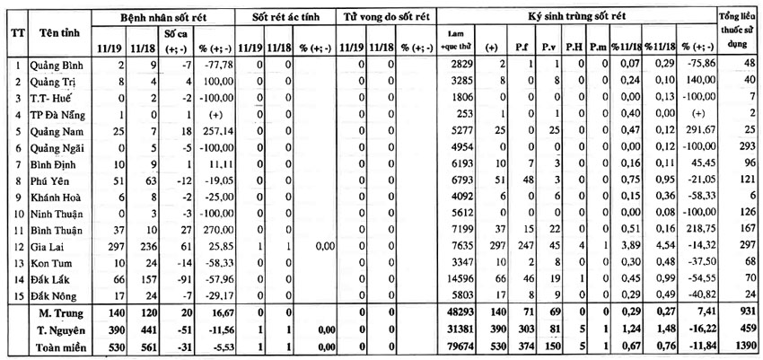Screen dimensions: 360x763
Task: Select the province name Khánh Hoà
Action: (53, 196)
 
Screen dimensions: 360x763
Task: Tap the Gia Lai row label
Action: (45, 244)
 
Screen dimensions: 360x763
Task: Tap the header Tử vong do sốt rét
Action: (387, 17)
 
